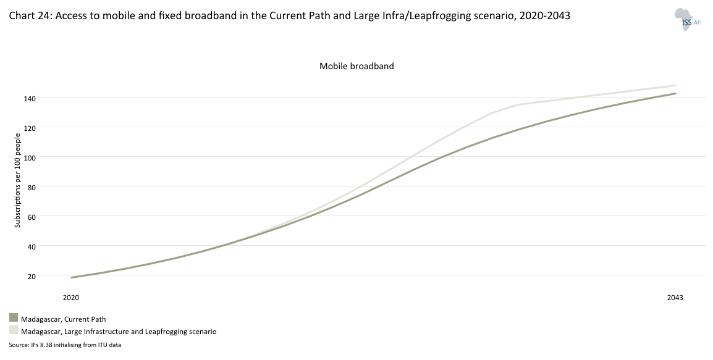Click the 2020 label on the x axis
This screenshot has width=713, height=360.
(71, 298)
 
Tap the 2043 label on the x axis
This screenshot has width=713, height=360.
(675, 298)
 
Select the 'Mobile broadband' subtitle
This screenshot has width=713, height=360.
(356, 66)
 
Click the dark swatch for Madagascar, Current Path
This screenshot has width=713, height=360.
(14, 318)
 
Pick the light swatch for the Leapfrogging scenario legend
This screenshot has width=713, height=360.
(14, 330)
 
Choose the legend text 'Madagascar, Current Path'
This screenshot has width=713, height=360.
(64, 319)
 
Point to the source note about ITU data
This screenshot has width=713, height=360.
(65, 345)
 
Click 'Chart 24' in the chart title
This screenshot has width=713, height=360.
(30, 17)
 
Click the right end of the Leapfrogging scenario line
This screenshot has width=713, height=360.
(675, 86)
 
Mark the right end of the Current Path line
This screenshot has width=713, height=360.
(675, 94)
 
